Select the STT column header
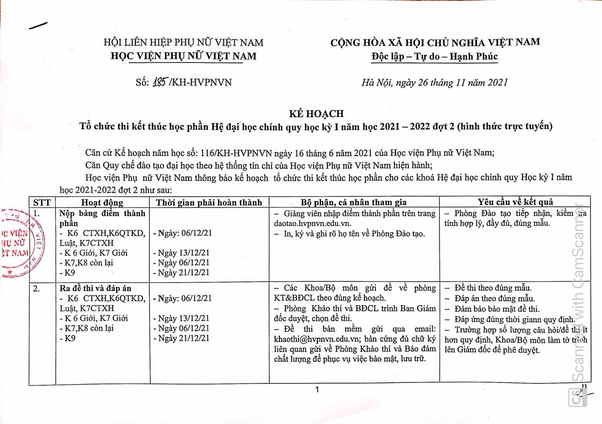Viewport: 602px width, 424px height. tap(42, 202)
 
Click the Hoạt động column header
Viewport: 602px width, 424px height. tap(102, 203)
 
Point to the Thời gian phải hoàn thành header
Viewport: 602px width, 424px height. tap(209, 203)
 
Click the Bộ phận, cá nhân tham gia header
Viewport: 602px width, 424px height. tap(354, 203)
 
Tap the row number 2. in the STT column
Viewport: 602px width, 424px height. tap(37, 288)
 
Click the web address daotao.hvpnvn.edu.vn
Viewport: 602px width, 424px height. tap(312, 223)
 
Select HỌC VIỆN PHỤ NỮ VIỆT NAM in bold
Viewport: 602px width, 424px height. tap(183, 56)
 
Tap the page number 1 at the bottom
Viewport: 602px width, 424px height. tap(317, 390)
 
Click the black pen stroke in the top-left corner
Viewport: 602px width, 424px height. tap(38, 25)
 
